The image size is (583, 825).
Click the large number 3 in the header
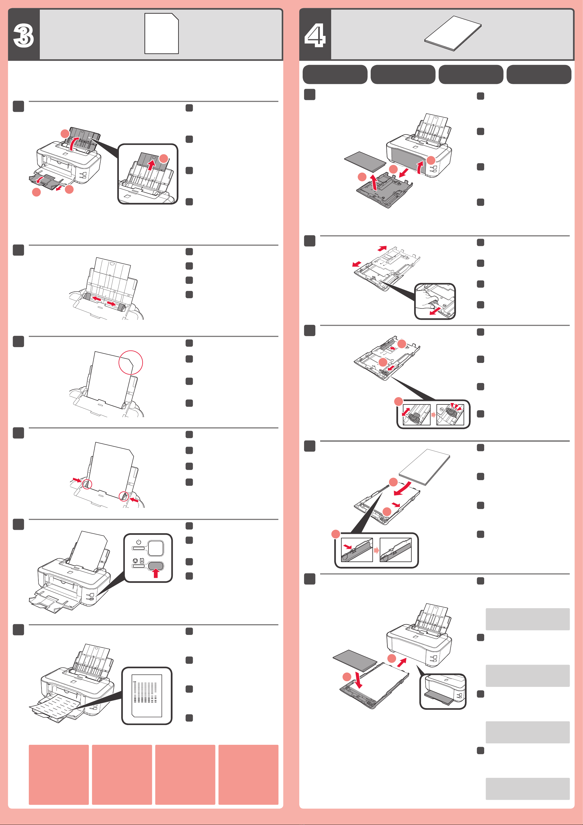pos(24,36)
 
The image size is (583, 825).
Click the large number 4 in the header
pos(315,36)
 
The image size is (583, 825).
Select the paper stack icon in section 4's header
pos(453,33)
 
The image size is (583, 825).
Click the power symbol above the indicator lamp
pos(139,542)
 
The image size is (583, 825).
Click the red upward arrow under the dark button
pos(156,573)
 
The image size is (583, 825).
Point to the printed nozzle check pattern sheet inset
pos(147,696)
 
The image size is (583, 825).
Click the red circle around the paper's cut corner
pos(131,363)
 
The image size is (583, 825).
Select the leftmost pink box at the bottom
pos(58,775)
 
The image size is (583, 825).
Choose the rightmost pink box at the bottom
pos(248,775)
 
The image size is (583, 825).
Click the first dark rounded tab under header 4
pos(335,74)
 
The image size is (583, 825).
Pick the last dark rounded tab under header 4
pos(539,74)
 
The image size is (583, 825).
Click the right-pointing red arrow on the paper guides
pos(111,304)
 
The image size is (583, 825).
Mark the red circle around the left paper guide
pos(87,484)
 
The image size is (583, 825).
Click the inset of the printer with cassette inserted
pos(443,692)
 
